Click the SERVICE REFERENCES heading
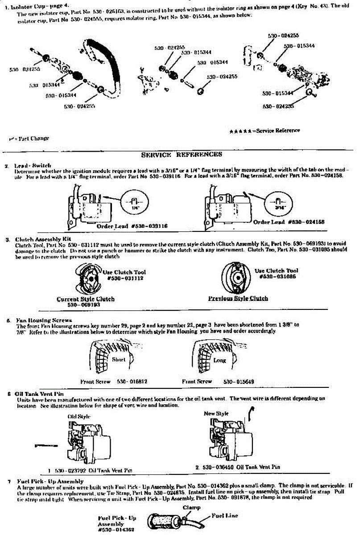pyautogui.click(x=181, y=155)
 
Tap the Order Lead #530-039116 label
pyautogui.click(x=132, y=226)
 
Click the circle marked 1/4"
pyautogui.click(x=134, y=202)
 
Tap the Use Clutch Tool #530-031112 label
pyautogui.click(x=124, y=275)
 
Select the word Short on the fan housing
pyautogui.click(x=119, y=359)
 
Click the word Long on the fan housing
pyautogui.click(x=219, y=360)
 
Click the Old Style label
pyautogui.click(x=79, y=416)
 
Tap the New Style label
pyautogui.click(x=216, y=413)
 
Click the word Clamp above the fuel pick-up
pyautogui.click(x=191, y=507)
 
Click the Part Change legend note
pyautogui.click(x=29, y=138)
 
